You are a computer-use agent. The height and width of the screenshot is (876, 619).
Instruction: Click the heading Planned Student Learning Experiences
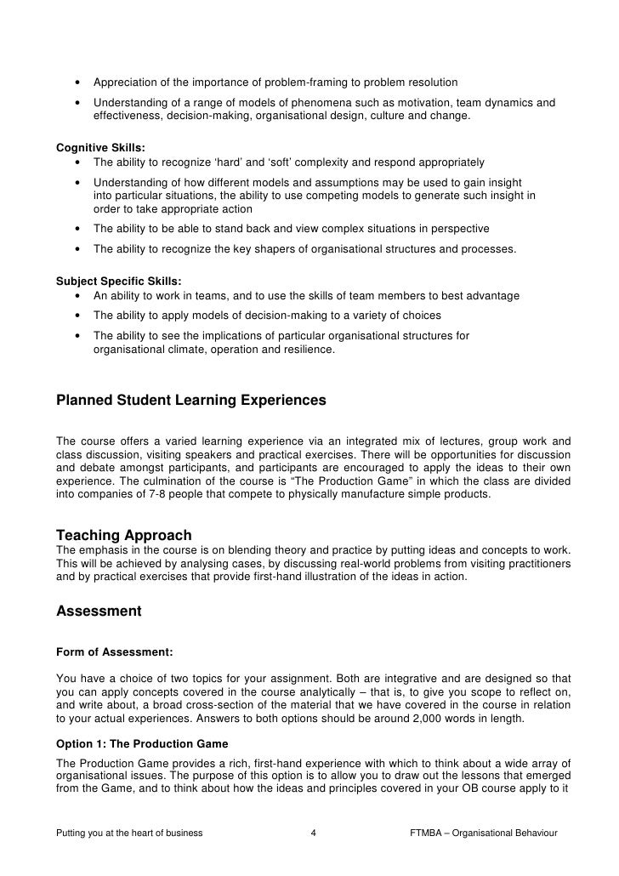pos(190,400)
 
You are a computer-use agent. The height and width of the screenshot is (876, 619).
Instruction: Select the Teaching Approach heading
pos(123,535)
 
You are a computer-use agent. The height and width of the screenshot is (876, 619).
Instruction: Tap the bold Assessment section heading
pos(99,611)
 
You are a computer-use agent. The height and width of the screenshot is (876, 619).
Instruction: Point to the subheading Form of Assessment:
pos(114,652)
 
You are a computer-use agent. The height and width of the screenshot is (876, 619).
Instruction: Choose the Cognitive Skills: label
pos(100,147)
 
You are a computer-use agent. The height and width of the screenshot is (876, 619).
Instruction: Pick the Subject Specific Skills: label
pos(118,281)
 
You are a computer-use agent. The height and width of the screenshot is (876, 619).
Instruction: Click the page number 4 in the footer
pos(314,833)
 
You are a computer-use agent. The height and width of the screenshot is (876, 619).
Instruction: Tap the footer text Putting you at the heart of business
pos(129,833)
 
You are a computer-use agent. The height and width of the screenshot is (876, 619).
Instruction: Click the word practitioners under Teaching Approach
pos(540,564)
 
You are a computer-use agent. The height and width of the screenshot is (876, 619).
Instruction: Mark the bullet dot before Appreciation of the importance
pos(78,82)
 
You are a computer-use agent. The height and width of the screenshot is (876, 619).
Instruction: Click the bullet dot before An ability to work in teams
pos(78,296)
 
